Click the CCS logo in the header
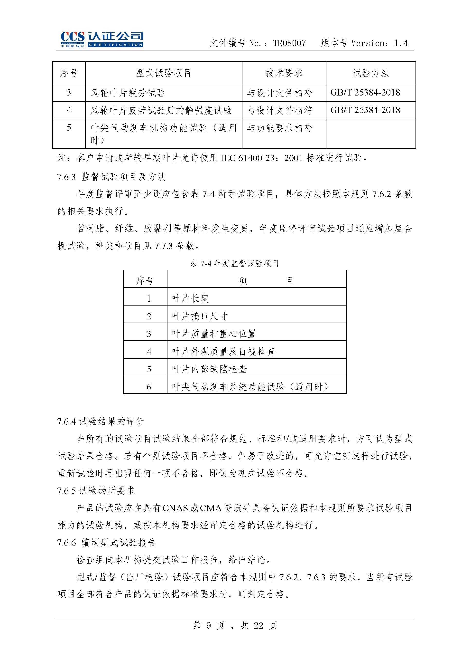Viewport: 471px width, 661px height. (x=102, y=39)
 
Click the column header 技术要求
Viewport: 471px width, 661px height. (x=284, y=73)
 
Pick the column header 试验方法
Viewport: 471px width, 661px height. (x=370, y=73)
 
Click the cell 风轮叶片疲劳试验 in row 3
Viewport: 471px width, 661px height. (x=128, y=93)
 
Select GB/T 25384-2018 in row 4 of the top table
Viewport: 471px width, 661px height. (x=365, y=110)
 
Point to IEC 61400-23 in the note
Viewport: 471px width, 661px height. (x=249, y=158)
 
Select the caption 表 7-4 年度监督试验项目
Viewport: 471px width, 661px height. (x=235, y=263)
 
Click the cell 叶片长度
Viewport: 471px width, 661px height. (x=190, y=298)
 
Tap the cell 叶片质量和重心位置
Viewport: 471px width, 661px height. (x=214, y=334)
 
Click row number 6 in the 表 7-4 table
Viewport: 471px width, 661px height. (x=149, y=387)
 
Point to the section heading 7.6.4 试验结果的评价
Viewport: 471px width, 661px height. (x=100, y=421)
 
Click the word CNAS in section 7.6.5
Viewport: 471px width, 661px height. (x=175, y=508)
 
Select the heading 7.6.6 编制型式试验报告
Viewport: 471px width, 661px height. (x=106, y=542)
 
